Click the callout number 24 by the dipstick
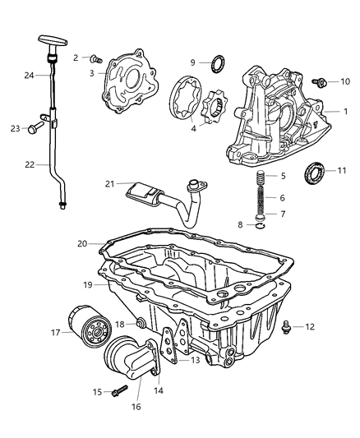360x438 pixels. pos(29,76)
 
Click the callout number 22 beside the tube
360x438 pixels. pos(30,164)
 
